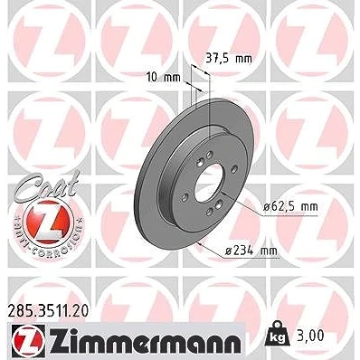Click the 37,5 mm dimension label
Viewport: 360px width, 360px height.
229,59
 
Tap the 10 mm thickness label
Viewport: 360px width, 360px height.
164,78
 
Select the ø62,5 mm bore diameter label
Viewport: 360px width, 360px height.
290,207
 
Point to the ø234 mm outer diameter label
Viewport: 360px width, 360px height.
251,250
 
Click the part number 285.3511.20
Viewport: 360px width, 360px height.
48,311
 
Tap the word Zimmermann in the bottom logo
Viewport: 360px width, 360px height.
145,343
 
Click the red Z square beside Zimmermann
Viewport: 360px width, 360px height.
29,343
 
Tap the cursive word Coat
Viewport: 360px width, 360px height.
47,185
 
